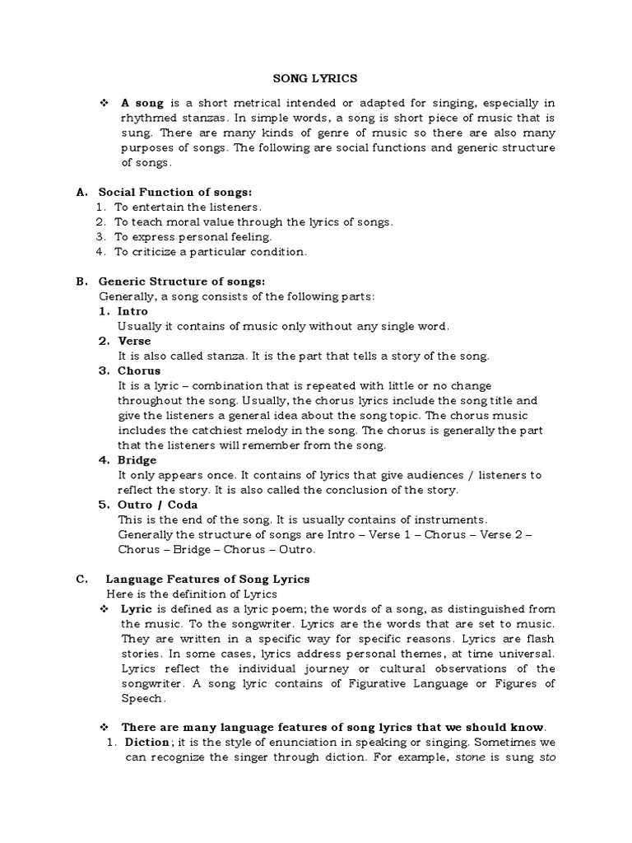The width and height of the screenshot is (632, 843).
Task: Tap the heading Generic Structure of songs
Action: [x=176, y=281]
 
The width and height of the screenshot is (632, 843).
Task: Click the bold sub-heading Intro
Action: [x=133, y=311]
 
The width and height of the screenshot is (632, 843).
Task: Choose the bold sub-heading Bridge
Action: [x=137, y=459]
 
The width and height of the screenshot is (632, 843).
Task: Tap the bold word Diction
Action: [x=146, y=741]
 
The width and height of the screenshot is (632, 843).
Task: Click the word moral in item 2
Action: [x=188, y=221]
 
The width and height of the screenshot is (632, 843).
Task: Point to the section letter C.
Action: [x=81, y=579]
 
